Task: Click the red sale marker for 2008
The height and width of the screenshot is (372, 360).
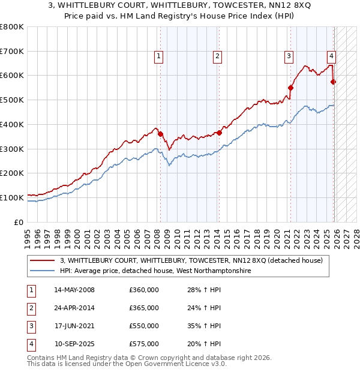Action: point(160,134)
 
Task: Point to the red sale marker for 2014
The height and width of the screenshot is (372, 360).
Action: point(219,133)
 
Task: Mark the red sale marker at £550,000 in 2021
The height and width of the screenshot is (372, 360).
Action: point(290,88)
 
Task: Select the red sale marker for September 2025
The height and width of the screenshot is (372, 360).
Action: point(334,82)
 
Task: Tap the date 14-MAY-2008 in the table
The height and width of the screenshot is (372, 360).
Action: point(74,290)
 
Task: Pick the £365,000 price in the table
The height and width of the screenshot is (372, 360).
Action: point(144,308)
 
